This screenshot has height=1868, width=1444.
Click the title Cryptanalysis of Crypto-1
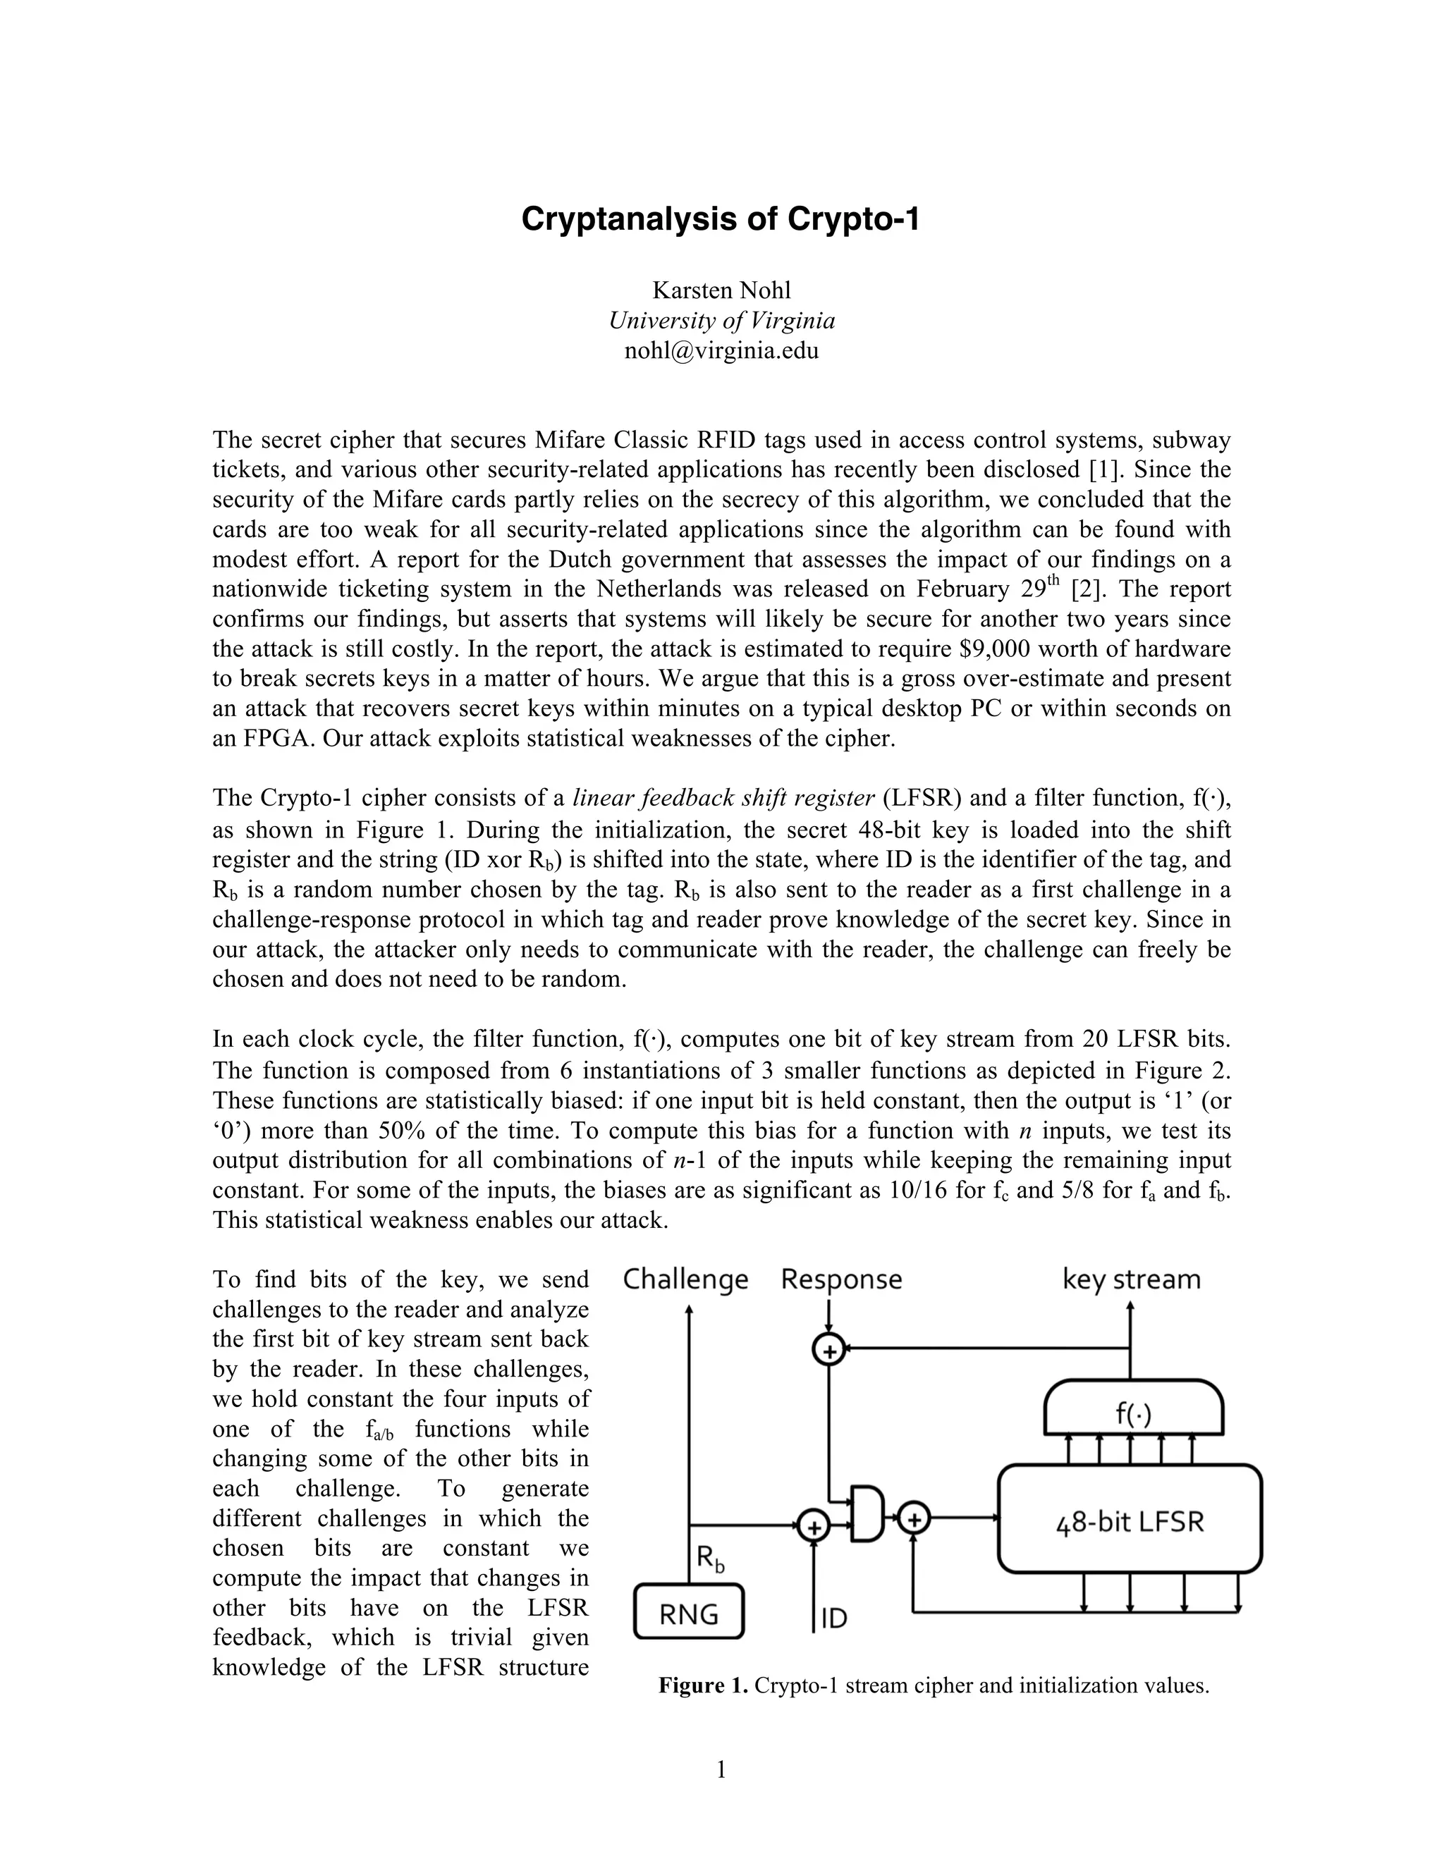click(x=721, y=220)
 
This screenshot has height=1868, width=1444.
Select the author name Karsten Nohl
click(x=721, y=291)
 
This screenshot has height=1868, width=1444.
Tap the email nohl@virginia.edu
click(x=721, y=350)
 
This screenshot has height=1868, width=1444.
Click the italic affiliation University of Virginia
click(x=721, y=321)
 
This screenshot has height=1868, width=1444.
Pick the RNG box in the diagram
click(x=689, y=1614)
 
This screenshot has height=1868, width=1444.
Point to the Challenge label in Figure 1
click(x=685, y=1279)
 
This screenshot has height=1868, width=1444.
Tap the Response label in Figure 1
click(x=841, y=1279)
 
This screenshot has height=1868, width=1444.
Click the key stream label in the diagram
click(x=1131, y=1279)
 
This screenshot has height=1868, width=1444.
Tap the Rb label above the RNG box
click(x=710, y=1559)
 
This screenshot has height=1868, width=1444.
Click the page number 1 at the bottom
click(x=721, y=1769)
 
